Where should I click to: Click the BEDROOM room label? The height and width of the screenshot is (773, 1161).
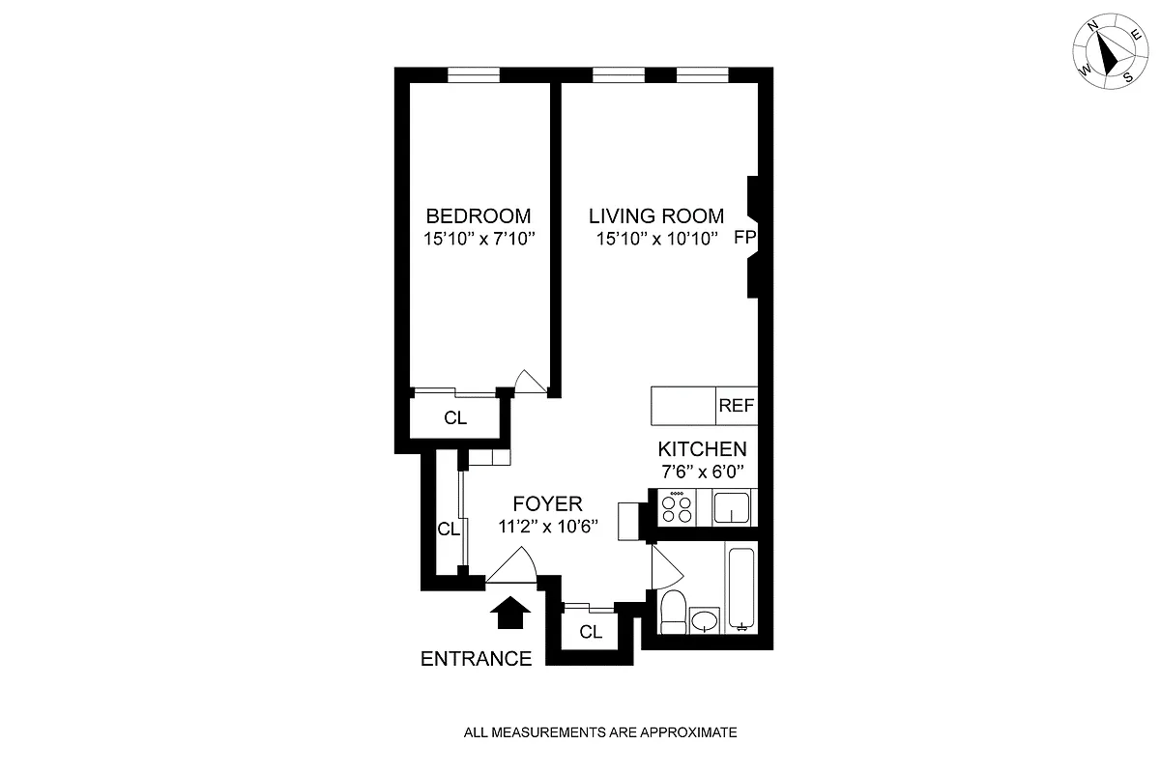pos(479,215)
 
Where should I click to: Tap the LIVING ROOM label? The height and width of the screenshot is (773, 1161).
pos(656,215)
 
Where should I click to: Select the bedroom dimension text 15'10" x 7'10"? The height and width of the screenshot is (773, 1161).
pos(479,239)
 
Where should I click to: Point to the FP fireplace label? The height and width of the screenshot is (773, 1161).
pos(744,238)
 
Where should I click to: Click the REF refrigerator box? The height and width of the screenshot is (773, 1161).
pos(736,406)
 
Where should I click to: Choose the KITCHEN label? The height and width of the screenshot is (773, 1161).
pos(702,449)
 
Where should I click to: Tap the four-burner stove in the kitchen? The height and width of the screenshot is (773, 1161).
pos(676,507)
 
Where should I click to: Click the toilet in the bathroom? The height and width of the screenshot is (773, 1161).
pos(673,611)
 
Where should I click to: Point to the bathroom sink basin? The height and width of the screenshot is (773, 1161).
pos(706,618)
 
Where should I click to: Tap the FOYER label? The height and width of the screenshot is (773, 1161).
pos(547,503)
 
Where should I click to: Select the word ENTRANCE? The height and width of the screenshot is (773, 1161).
pos(477,659)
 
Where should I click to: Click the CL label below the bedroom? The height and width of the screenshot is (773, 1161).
pos(455,418)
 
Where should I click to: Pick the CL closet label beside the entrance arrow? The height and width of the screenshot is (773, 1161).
pos(591,632)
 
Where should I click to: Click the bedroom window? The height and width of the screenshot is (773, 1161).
pos(474,74)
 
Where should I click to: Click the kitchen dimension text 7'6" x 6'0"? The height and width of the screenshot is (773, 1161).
pos(702,473)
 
